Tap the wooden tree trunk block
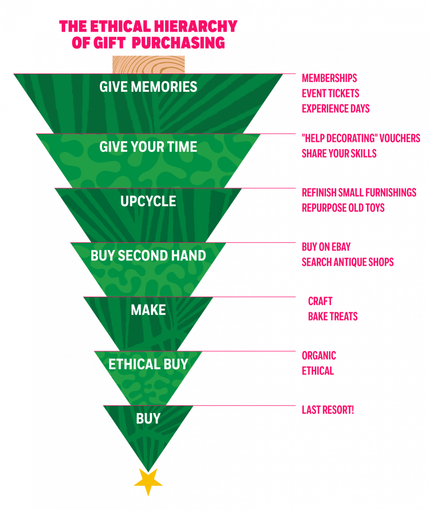(149, 65)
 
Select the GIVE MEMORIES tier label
(148, 87)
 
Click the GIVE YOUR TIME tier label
(148, 147)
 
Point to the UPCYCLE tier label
(148, 201)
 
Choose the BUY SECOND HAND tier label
(148, 256)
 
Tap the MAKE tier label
(148, 310)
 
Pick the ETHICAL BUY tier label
(148, 364)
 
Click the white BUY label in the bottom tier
(148, 419)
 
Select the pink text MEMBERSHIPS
(329, 78)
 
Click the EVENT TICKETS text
(331, 93)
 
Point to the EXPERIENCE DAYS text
(336, 109)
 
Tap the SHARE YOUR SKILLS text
(339, 154)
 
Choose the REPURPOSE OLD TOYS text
(343, 208)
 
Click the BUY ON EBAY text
(326, 247)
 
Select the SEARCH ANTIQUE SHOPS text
(348, 262)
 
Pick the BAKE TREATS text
(333, 316)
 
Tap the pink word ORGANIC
(319, 356)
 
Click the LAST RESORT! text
(328, 410)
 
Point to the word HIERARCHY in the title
(196, 26)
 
